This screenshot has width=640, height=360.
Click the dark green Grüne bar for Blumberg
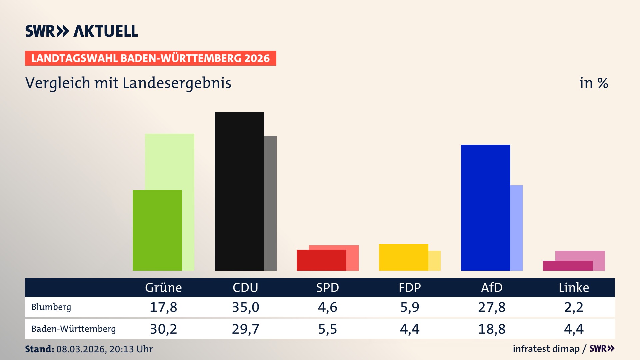click(157, 230)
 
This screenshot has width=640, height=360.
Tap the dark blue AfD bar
click(485, 207)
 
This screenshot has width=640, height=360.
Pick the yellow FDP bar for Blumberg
click(403, 257)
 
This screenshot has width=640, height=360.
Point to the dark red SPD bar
click(321, 260)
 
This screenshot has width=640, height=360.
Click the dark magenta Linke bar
click(567, 266)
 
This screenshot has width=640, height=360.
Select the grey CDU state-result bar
click(271, 203)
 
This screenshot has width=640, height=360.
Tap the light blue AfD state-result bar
click(516, 228)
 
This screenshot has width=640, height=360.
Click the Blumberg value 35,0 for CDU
click(246, 307)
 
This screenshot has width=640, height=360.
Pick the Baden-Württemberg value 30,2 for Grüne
click(163, 329)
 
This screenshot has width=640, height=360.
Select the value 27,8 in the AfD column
click(492, 307)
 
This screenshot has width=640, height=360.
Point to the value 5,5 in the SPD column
click(328, 329)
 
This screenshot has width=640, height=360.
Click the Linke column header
click(574, 287)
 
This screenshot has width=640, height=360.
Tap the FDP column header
click(410, 287)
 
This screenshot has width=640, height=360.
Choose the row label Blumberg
click(51, 307)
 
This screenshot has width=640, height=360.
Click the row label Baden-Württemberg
click(73, 329)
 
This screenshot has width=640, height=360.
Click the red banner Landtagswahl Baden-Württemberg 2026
click(150, 58)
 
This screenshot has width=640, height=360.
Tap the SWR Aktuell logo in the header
click(82, 31)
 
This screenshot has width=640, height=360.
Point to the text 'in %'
click(593, 83)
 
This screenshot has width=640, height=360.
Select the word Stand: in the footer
click(39, 349)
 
